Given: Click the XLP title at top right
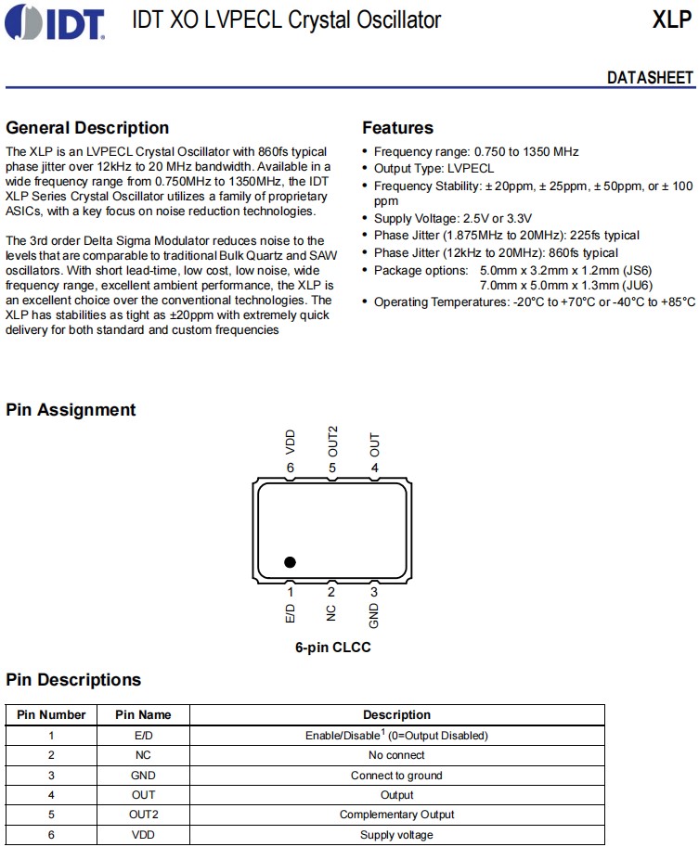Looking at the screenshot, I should pos(671,19).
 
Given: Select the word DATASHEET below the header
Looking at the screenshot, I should pos(650,77).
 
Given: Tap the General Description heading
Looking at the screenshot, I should pos(87,128).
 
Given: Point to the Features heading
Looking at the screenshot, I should pos(397,128).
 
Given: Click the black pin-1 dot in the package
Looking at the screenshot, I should pos(290,562).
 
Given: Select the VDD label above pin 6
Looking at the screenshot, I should pos(291,441).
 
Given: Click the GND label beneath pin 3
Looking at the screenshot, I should pos(374,616).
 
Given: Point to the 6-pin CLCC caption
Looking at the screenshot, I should pos(332,648).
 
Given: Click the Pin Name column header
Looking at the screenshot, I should pos(143,715).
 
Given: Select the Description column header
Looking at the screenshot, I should pos(396,715).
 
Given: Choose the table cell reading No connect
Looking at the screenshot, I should pos(396,755).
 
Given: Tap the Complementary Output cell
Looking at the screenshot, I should pos(396,815).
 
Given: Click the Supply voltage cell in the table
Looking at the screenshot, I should pos(396,835).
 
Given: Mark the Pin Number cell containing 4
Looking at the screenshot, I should pos(51,795).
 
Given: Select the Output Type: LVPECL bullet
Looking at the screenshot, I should pos(434,169).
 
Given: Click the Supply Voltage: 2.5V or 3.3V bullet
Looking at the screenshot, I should pos(452,218).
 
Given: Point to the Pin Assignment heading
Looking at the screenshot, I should pos(71,410).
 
